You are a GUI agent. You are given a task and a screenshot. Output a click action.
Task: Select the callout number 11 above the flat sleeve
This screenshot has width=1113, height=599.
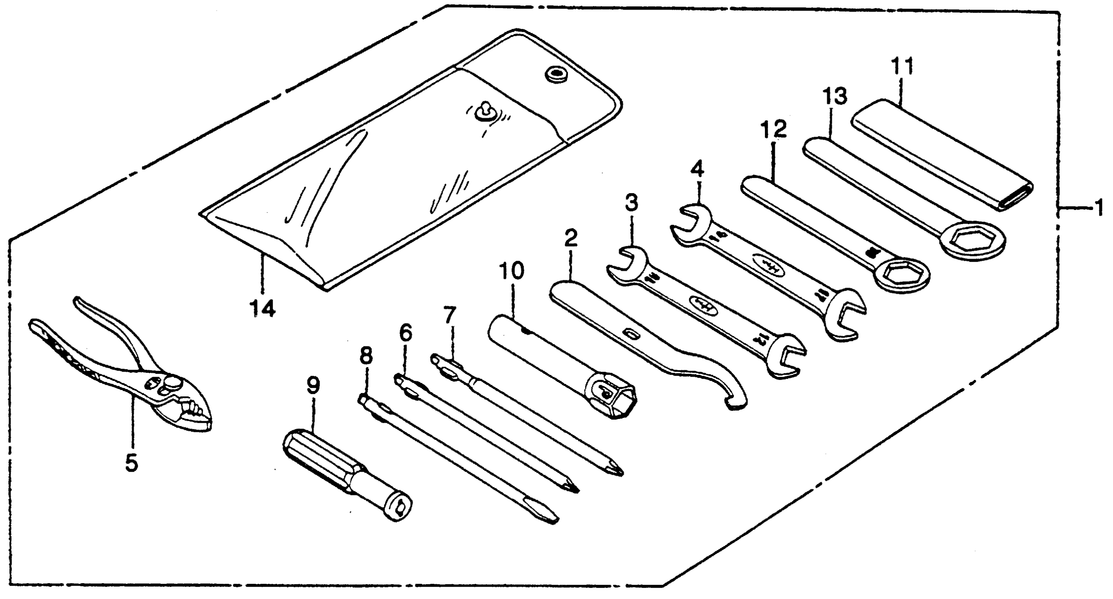click(903, 67)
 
